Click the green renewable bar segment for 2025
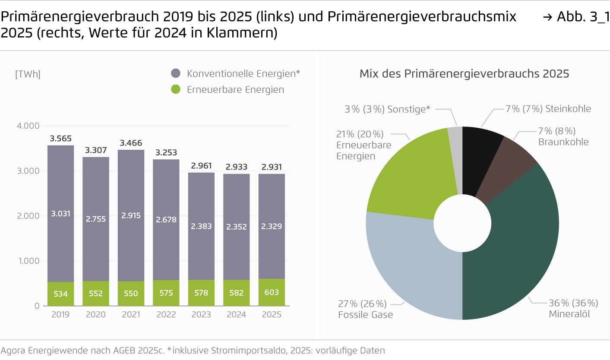[x=272, y=292]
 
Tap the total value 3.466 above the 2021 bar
[x=131, y=143]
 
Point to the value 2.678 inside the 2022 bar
[x=166, y=219]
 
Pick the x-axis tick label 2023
[x=201, y=315]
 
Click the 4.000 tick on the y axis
[x=28, y=126]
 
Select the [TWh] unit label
[x=28, y=74]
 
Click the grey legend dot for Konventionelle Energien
[x=175, y=74]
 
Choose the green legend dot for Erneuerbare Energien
[x=175, y=90]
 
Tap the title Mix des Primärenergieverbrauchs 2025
[x=464, y=74]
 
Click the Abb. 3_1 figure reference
[x=576, y=17]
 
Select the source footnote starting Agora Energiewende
[x=192, y=351]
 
